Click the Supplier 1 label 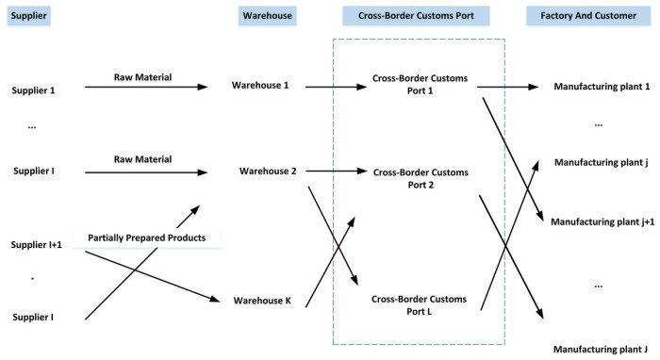pos(33,90)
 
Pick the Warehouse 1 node pos(260,86)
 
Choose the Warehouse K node pos(262,302)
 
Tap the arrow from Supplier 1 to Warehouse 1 pos(146,87)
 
